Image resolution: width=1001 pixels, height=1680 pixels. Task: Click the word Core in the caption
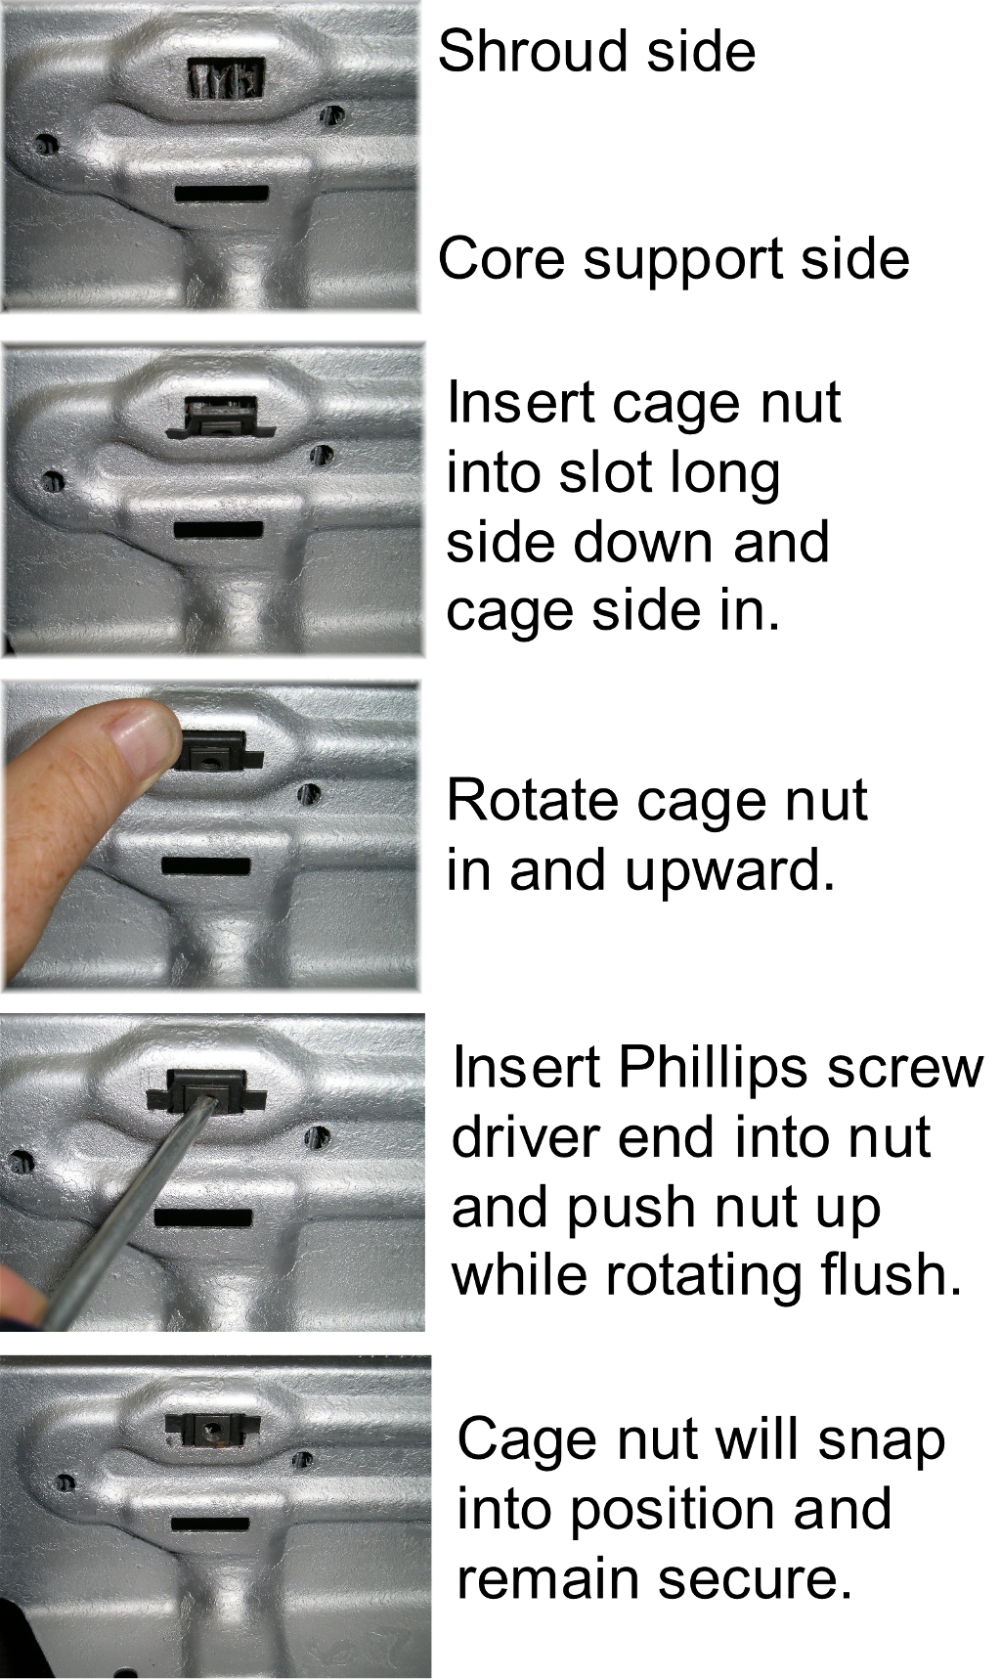point(501,258)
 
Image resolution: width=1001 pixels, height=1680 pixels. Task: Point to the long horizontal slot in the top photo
point(222,194)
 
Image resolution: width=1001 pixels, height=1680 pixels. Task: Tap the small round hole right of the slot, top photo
point(332,115)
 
